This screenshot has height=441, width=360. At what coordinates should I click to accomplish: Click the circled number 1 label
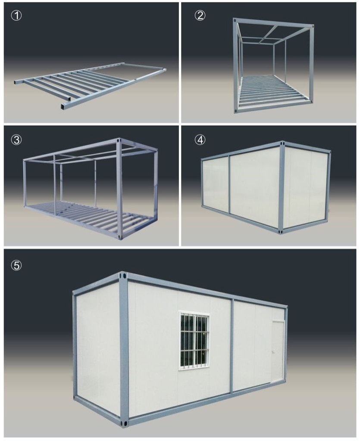tap(17, 16)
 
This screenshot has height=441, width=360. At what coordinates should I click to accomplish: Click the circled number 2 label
tap(200, 16)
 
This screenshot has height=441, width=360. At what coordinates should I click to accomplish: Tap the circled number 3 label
tap(17, 140)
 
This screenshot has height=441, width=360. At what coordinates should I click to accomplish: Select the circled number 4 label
tap(200, 140)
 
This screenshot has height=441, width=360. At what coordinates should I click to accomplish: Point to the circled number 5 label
tap(17, 265)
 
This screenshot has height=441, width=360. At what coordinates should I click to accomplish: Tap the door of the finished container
tap(279, 351)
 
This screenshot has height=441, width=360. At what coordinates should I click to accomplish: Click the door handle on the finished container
tap(273, 351)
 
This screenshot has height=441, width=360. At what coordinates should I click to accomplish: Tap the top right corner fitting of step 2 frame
tap(311, 27)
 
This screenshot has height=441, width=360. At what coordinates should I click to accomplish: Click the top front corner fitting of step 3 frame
tap(119, 140)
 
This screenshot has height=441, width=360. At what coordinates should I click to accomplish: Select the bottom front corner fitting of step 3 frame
tap(121, 237)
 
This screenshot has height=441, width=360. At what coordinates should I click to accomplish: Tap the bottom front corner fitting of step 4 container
tap(281, 231)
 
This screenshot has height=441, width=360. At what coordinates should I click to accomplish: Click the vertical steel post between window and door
tap(232, 345)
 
